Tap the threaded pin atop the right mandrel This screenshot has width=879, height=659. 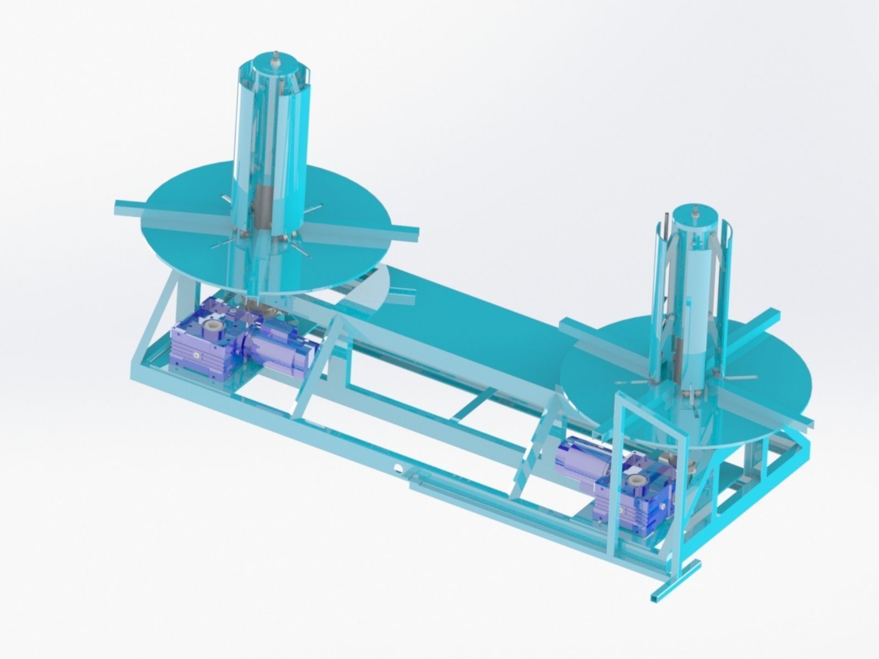tap(696, 210)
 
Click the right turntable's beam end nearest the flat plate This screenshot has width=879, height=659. tap(566, 325)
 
